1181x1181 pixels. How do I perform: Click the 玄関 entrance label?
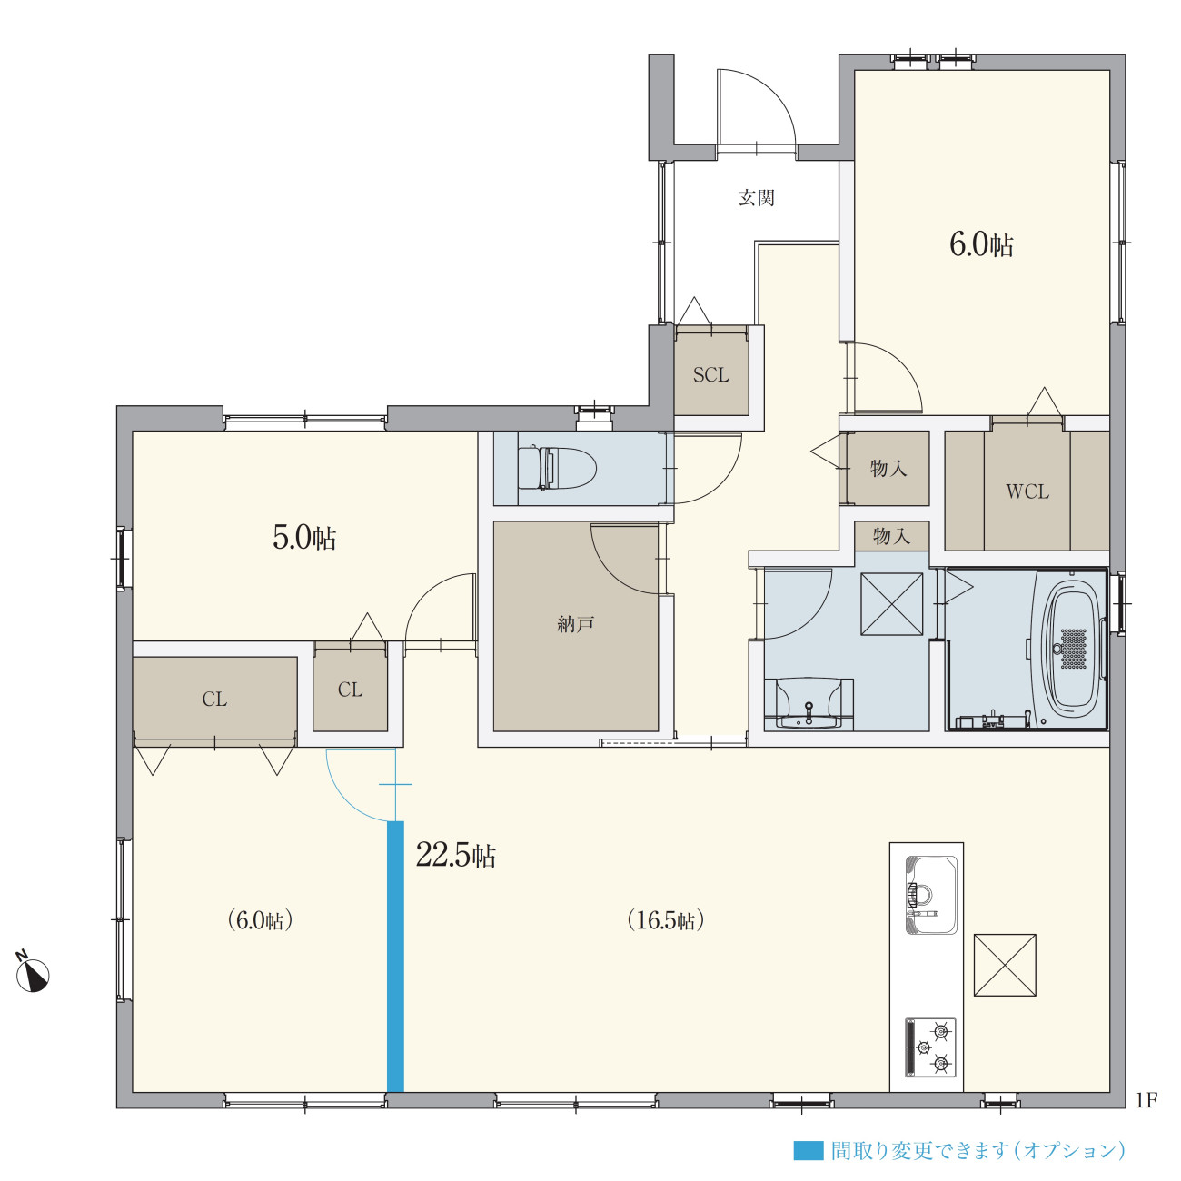(756, 198)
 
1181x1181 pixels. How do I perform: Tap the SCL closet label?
(711, 374)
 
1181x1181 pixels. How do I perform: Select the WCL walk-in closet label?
(1027, 491)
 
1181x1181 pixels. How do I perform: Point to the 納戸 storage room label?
(575, 624)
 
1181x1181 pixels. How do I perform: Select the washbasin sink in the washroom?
(809, 703)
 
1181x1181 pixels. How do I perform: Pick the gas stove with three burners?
(930, 1047)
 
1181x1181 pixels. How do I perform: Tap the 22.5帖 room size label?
(455, 854)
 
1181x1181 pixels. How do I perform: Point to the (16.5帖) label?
(666, 920)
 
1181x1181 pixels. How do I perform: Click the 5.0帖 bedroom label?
(304, 538)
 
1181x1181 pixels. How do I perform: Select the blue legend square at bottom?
(809, 1150)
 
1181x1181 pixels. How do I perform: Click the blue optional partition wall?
(395, 957)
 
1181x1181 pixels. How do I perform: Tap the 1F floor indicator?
(1146, 1101)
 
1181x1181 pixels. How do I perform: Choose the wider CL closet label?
(214, 700)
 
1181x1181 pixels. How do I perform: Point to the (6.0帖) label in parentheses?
(259, 920)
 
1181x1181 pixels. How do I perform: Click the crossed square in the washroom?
(892, 604)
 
